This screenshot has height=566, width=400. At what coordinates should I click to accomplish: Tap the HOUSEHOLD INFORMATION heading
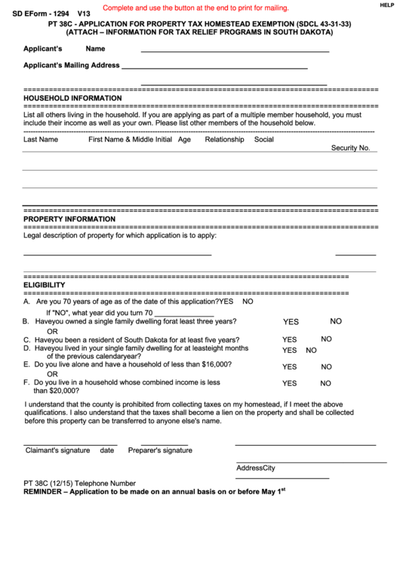(72, 98)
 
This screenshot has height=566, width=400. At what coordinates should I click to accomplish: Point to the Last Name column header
(41, 140)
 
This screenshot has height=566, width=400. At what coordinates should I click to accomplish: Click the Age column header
(184, 140)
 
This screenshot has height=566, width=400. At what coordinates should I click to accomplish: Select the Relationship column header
(224, 140)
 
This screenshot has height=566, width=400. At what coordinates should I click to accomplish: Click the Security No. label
(350, 148)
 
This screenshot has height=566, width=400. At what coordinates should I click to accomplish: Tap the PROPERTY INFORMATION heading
(69, 219)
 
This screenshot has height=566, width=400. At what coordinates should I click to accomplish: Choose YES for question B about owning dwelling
(291, 322)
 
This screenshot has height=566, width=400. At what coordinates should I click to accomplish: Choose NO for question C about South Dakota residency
(326, 339)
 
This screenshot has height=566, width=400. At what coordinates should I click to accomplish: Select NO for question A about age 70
(248, 302)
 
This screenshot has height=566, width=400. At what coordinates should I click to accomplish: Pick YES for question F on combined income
(290, 384)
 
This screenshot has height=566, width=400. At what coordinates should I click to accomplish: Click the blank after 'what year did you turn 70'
(178, 312)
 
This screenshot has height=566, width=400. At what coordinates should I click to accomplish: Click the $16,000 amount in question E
(214, 364)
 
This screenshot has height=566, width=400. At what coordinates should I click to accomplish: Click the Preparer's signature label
(160, 450)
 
